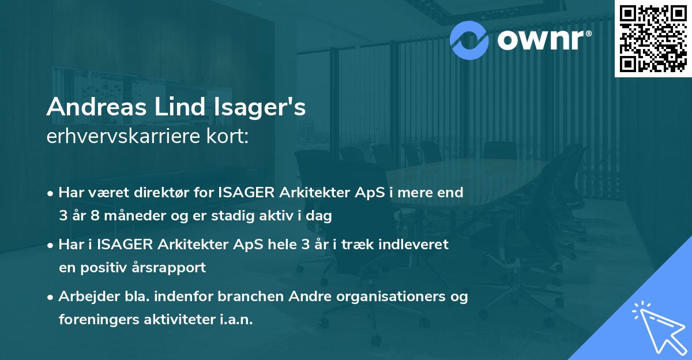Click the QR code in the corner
(653, 38)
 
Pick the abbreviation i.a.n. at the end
(234, 320)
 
